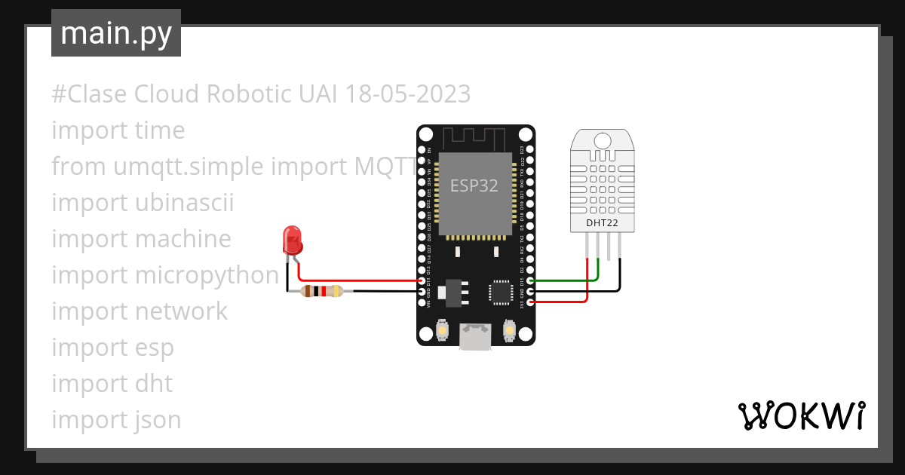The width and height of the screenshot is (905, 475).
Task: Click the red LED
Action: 292,241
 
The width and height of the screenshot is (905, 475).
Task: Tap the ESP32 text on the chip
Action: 474,185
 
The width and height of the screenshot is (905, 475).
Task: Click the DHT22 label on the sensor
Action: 603,223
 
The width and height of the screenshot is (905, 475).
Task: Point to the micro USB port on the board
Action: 476,337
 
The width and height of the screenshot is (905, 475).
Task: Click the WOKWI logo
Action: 800,415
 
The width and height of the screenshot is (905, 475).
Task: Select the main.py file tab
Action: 115,33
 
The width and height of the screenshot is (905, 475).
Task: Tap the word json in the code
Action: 158,420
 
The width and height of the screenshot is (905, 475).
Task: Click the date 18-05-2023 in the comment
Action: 407,94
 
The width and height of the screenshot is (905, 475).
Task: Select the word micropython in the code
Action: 207,275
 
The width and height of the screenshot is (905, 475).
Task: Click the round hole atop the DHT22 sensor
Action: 603,140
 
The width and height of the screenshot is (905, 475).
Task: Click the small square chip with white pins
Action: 502,293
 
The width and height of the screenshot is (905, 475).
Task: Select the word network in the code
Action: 181,311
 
